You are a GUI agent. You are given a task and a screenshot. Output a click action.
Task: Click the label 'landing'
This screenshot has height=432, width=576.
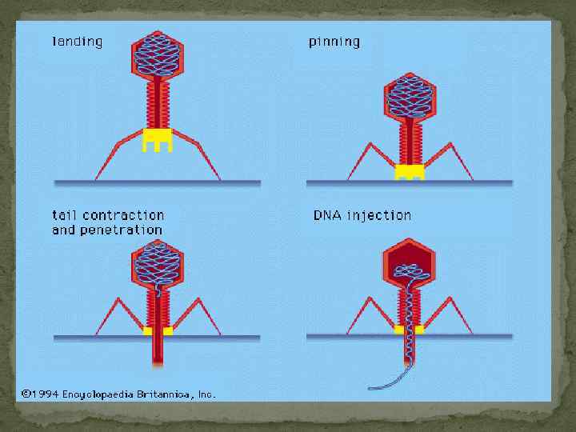(x=77, y=41)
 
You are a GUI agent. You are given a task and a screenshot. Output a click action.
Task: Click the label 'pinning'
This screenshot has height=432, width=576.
(x=334, y=42)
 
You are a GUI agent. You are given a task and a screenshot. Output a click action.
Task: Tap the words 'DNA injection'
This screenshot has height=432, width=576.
(x=362, y=215)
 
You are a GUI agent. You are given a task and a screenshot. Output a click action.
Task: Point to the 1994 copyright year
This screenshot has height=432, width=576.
(x=43, y=394)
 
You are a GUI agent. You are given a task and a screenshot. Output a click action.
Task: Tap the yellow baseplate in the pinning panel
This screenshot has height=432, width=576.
(x=410, y=171)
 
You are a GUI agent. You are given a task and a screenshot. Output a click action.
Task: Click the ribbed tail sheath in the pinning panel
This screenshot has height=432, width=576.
(x=410, y=141)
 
